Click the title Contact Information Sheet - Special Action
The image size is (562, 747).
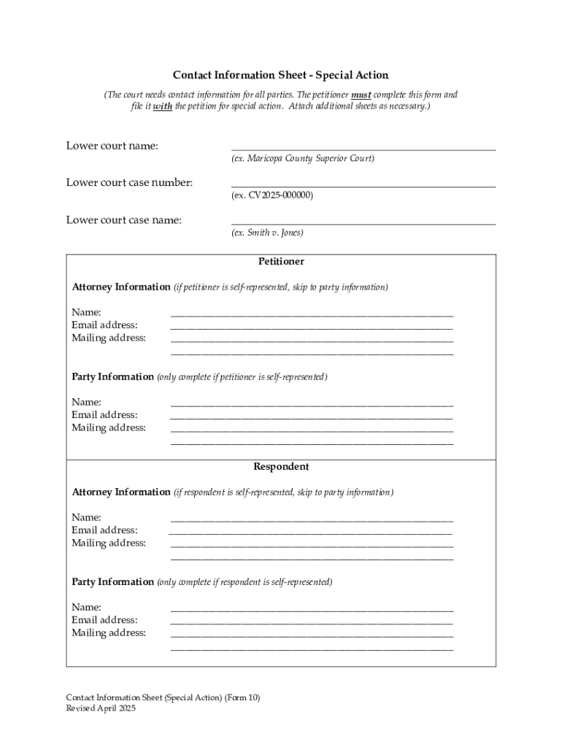click(280, 75)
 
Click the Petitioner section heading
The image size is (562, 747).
click(281, 261)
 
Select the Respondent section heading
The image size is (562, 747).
click(281, 466)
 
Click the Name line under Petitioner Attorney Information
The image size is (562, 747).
click(312, 314)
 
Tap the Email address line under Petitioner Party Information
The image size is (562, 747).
click(312, 417)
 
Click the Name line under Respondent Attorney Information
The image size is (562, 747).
click(312, 519)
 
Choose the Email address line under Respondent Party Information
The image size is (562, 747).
click(312, 622)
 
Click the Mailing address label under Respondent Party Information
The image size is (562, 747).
click(108, 632)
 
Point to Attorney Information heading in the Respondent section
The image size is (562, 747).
click(120, 492)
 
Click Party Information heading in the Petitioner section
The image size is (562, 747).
click(112, 376)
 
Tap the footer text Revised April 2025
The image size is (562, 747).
click(101, 708)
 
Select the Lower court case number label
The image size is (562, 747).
click(129, 182)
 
